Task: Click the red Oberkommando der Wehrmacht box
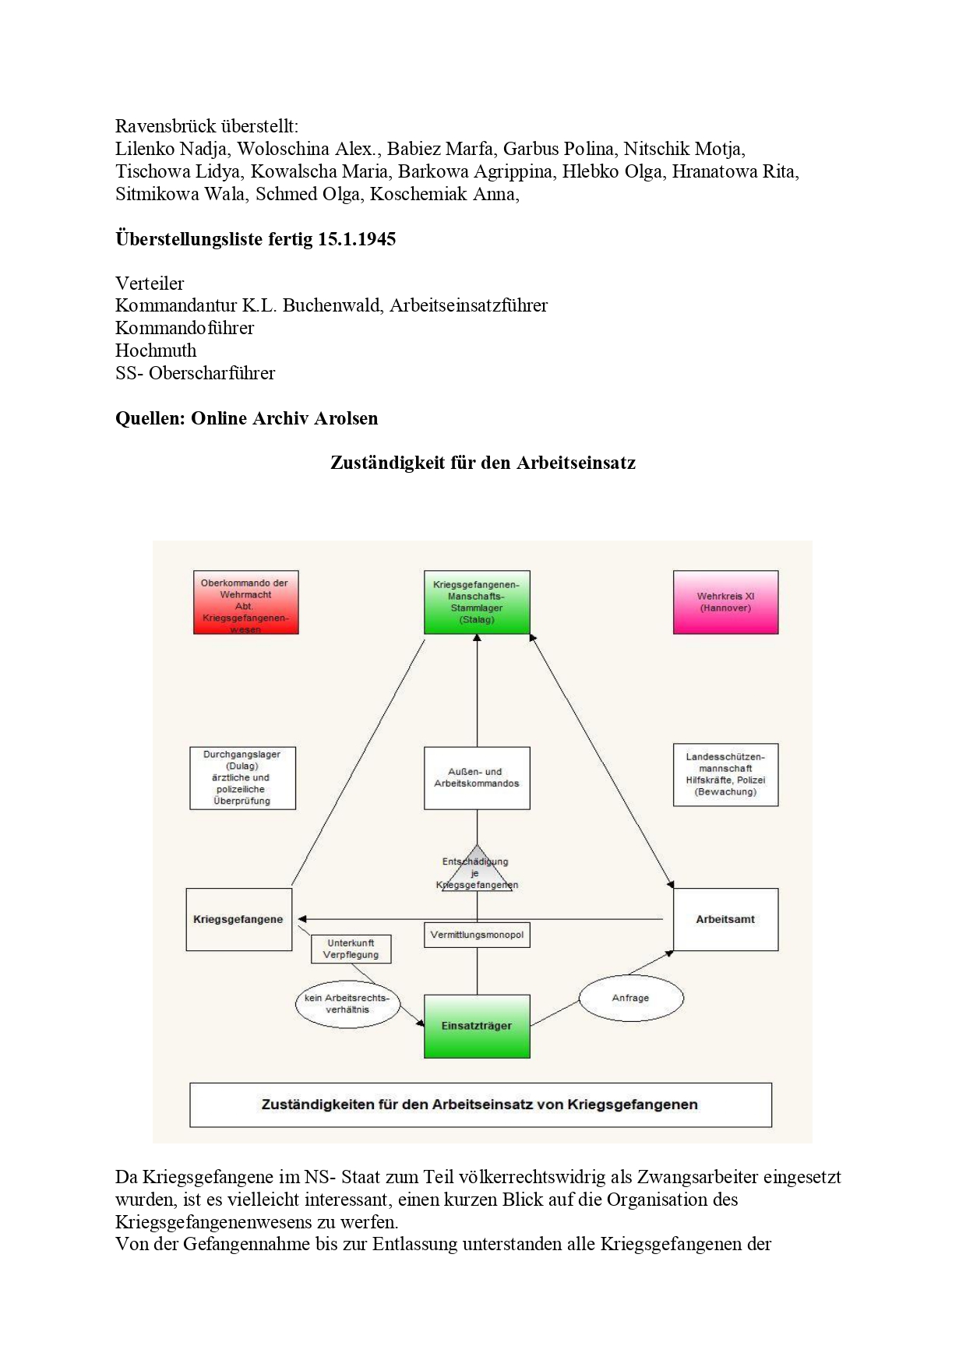click(x=245, y=602)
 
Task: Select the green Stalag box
click(x=477, y=602)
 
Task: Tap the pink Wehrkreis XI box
click(x=725, y=602)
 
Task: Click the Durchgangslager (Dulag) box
click(x=243, y=778)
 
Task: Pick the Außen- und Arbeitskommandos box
click(x=477, y=778)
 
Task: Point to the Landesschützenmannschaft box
click(x=725, y=775)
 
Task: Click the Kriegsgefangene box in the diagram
click(x=238, y=919)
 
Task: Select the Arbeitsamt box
click(x=725, y=919)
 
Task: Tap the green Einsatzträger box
click(x=477, y=1026)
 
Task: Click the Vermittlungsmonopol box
click(x=477, y=935)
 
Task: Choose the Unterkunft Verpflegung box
click(x=351, y=949)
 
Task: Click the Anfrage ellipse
click(x=631, y=998)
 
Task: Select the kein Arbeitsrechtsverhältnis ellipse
click(x=347, y=1004)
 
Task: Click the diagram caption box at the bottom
click(x=481, y=1105)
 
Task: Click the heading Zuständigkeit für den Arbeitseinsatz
click(x=483, y=463)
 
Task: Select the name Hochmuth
click(x=156, y=351)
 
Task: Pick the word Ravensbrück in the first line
click(x=162, y=126)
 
